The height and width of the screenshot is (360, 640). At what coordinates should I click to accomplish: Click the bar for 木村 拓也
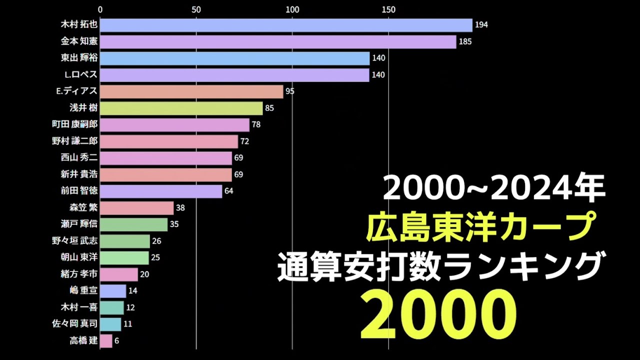[286, 25]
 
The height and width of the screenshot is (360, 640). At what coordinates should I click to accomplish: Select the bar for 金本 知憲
[278, 41]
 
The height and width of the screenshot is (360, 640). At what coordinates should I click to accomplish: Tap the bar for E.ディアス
[191, 91]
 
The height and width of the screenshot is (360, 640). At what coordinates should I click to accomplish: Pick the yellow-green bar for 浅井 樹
[181, 108]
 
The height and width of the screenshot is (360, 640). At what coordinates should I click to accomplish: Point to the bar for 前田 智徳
[161, 191]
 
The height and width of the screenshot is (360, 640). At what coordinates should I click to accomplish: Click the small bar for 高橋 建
[106, 341]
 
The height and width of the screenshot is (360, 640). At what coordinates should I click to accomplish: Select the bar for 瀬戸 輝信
[133, 224]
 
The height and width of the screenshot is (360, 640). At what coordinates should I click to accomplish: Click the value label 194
[481, 25]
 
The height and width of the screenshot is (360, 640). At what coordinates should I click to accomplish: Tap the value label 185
[465, 41]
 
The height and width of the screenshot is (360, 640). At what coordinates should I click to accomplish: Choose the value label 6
[116, 341]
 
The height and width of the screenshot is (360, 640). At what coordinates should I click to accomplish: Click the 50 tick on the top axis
[196, 9]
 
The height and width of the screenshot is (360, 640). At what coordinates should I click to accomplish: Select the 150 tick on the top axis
[388, 9]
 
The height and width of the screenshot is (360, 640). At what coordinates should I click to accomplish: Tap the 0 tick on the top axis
[100, 9]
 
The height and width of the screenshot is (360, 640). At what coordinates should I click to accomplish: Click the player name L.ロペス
[77, 75]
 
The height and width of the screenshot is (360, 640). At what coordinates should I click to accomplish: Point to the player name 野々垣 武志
[75, 241]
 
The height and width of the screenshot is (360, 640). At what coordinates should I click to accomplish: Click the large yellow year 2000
[438, 313]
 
